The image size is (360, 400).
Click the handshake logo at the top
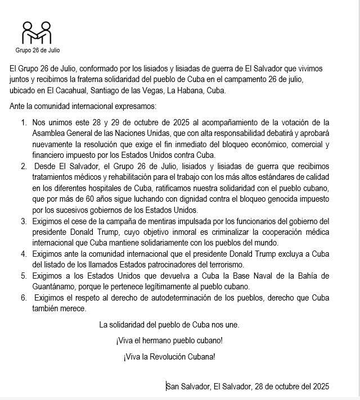coord(36,33)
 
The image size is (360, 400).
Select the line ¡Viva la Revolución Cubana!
coord(169,357)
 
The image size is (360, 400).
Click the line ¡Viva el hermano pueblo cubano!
coord(169,340)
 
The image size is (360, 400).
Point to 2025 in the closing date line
coord(319,387)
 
